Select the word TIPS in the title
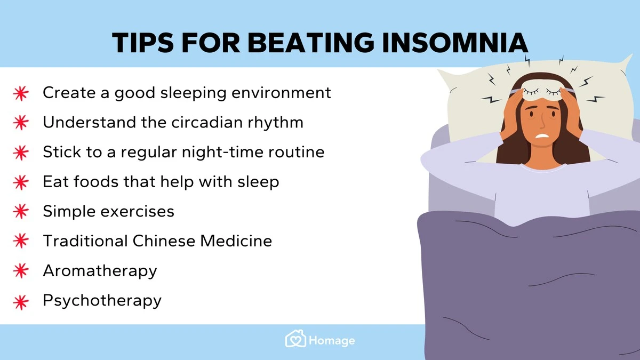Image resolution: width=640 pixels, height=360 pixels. tap(142, 43)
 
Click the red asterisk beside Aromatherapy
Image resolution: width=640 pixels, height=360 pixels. tap(21, 270)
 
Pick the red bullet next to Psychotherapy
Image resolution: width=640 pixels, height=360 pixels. tap(21, 302)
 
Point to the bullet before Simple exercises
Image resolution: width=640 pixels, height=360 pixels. tap(21, 211)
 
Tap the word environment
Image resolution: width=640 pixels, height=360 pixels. tap(281, 93)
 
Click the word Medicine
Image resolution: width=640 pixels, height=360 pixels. tap(236, 241)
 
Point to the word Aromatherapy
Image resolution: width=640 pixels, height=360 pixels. tap(100, 270)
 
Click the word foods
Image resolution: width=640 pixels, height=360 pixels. tap(96, 181)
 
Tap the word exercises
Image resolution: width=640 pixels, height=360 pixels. tap(138, 211)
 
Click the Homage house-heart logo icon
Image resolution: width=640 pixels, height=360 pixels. tap(295, 339)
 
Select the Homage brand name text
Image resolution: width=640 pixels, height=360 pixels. tap(332, 341)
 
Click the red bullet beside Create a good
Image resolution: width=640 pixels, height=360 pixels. tap(21, 93)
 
